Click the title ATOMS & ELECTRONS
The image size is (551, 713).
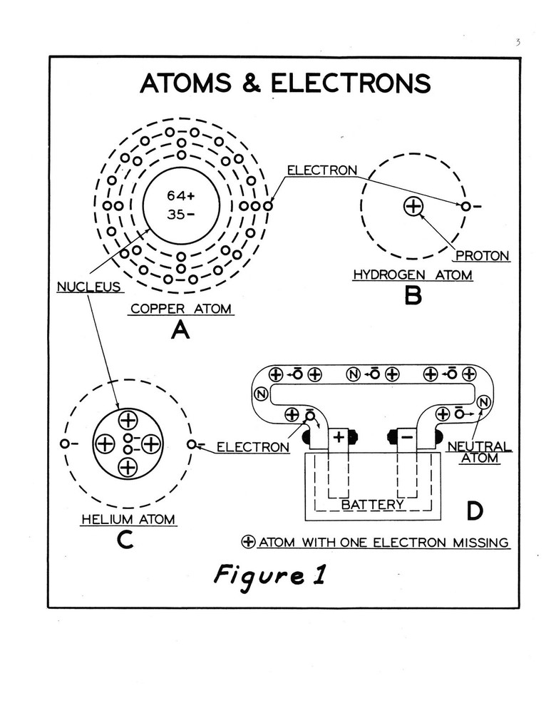[285, 83]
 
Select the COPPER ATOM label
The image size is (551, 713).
[181, 309]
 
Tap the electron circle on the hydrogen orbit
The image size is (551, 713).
[465, 207]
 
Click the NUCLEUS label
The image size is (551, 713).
[86, 287]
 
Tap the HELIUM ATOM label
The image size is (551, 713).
[128, 520]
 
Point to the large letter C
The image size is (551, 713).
[125, 542]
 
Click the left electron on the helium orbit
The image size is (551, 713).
[65, 443]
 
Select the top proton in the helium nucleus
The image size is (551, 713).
[128, 420]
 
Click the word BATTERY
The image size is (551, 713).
[372, 505]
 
